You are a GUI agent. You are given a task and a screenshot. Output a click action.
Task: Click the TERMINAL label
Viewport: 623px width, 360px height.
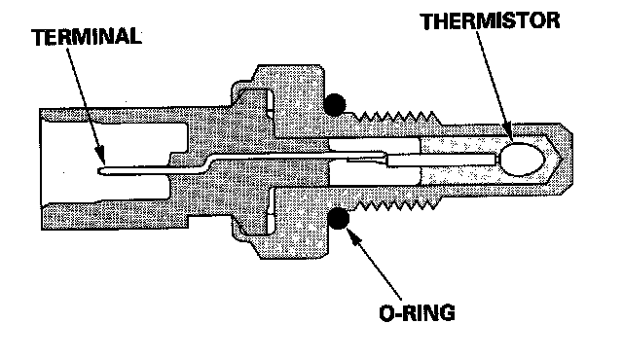tap(87, 37)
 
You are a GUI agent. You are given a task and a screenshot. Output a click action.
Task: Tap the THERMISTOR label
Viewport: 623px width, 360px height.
tap(491, 21)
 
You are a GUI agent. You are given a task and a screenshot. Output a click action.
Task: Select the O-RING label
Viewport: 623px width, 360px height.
tap(418, 312)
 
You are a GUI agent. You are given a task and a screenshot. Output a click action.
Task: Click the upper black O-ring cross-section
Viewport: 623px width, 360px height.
tap(334, 105)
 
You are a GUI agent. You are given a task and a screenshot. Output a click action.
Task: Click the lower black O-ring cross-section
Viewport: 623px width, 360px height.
tap(338, 218)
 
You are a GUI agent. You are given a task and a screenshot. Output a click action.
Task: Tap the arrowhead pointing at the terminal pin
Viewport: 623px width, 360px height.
tap(101, 155)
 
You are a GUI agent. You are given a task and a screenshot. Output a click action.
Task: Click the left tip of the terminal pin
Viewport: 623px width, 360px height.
tap(98, 170)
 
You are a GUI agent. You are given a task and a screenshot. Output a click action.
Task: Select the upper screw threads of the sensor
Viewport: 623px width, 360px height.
tap(397, 117)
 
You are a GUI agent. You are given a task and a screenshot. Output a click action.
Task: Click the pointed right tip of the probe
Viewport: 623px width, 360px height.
tap(562, 159)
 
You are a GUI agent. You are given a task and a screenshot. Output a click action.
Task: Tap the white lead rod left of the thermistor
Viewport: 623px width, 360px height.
tap(442, 160)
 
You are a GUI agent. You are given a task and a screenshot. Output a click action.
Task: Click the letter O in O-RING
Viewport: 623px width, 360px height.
tap(387, 313)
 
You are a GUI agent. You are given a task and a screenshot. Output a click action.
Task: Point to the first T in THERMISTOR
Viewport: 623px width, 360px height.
tap(428, 21)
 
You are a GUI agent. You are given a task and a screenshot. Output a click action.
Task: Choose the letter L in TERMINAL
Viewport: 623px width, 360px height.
tap(135, 36)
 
